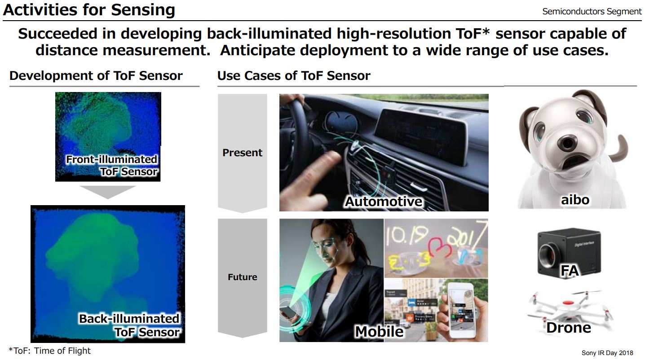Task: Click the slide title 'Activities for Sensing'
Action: pyautogui.click(x=89, y=10)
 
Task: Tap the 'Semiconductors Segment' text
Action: pyautogui.click(x=592, y=12)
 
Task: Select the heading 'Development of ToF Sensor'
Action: pyautogui.click(x=96, y=75)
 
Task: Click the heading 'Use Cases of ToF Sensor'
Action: pyautogui.click(x=294, y=75)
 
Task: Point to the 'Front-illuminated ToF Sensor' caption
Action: pyautogui.click(x=112, y=165)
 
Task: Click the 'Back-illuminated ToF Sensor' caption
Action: pyautogui.click(x=129, y=325)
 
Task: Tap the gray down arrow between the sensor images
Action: pyautogui.click(x=107, y=192)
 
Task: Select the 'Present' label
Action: pyautogui.click(x=242, y=153)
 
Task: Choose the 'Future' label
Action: pyautogui.click(x=242, y=277)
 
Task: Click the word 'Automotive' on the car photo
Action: pyautogui.click(x=384, y=202)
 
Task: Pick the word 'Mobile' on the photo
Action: pyautogui.click(x=379, y=332)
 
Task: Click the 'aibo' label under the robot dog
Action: pyautogui.click(x=575, y=199)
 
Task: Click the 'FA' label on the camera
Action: pyautogui.click(x=569, y=270)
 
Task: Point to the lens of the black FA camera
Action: pyautogui.click(x=549, y=254)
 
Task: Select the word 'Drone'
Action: pyautogui.click(x=568, y=328)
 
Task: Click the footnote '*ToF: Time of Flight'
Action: pyautogui.click(x=49, y=351)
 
